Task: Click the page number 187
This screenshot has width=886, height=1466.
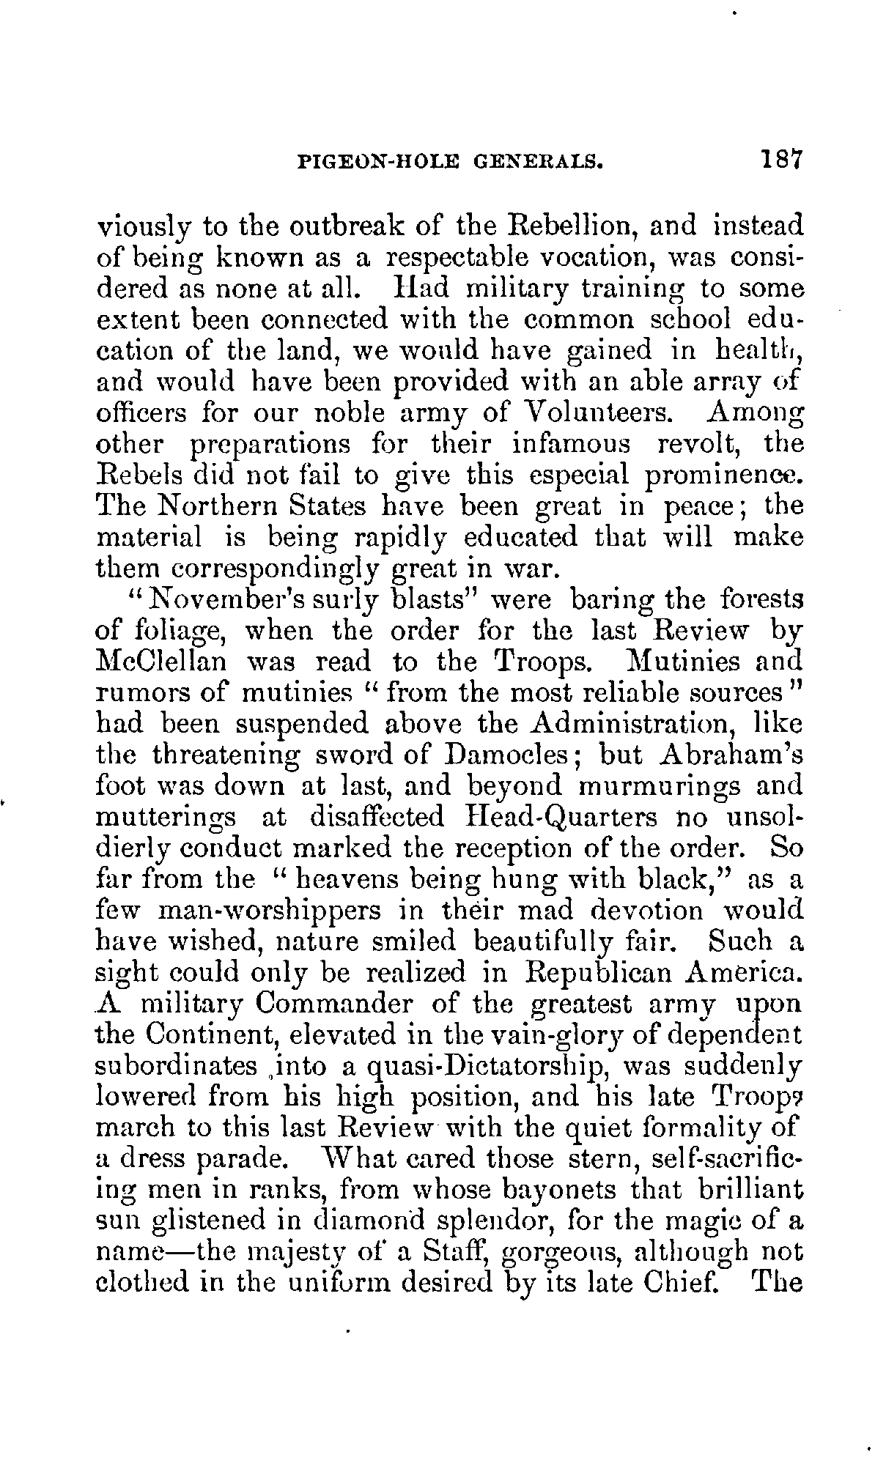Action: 783,159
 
